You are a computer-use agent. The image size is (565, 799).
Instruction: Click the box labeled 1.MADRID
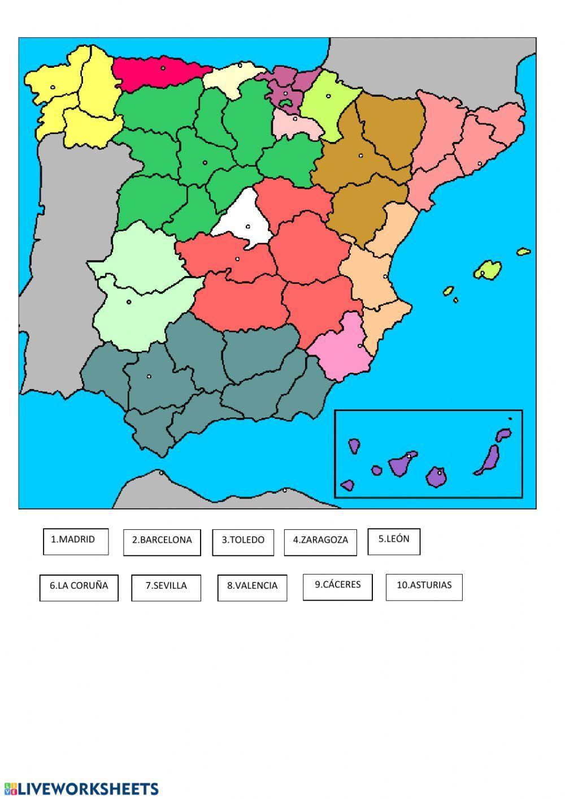pyautogui.click(x=75, y=541)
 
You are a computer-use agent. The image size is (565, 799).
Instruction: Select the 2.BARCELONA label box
pyautogui.click(x=162, y=542)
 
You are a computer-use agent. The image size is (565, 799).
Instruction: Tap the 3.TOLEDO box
pyautogui.click(x=243, y=542)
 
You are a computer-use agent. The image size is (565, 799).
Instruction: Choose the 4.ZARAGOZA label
pyautogui.click(x=320, y=542)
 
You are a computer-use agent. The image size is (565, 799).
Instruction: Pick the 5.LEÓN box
pyautogui.click(x=394, y=541)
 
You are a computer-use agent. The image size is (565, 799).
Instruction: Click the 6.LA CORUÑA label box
pyautogui.click(x=79, y=588)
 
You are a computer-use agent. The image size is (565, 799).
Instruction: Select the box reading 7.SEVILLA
pyautogui.click(x=166, y=588)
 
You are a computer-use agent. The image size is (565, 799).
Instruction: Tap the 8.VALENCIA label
pyautogui.click(x=252, y=588)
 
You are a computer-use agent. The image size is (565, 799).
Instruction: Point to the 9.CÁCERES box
pyautogui.click(x=337, y=587)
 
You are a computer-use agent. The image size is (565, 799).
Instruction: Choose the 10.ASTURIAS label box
pyautogui.click(x=424, y=587)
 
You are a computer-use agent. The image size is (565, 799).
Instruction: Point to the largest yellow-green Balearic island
pyautogui.click(x=487, y=270)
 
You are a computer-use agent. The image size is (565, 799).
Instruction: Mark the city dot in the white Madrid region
pyautogui.click(x=247, y=227)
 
